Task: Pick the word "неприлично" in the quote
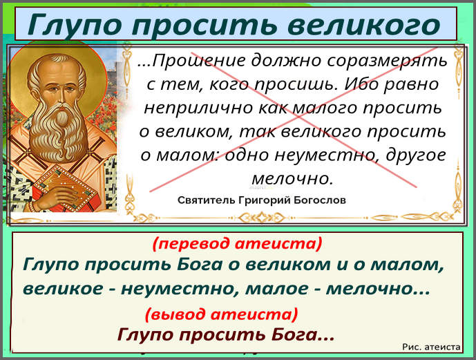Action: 183,108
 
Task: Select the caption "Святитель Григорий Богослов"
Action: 262,200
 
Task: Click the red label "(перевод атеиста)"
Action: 237,243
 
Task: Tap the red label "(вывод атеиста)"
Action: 222,314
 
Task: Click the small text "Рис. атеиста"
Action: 430,347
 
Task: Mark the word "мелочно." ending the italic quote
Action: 292,178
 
